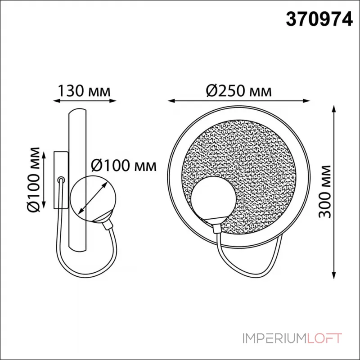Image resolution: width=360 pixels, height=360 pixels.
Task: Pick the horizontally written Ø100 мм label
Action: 123,166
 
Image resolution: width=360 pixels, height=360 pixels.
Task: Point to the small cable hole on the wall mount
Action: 61,180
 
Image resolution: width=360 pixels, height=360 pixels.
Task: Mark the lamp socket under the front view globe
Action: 215,222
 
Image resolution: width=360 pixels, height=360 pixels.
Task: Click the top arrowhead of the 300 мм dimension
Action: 333,109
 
